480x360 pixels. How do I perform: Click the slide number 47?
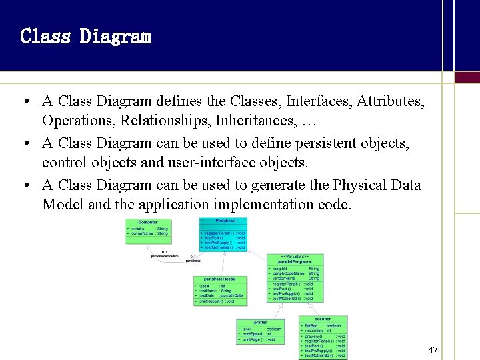coord(433,350)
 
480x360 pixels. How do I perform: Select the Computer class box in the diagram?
coord(148,231)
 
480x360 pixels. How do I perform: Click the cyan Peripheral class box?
coord(223,234)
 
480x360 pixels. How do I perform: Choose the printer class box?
coord(260,331)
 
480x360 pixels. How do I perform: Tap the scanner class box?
coord(323,337)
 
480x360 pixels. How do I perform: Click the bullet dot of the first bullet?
coord(23,102)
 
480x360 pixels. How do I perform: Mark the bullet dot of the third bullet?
coord(23,185)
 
